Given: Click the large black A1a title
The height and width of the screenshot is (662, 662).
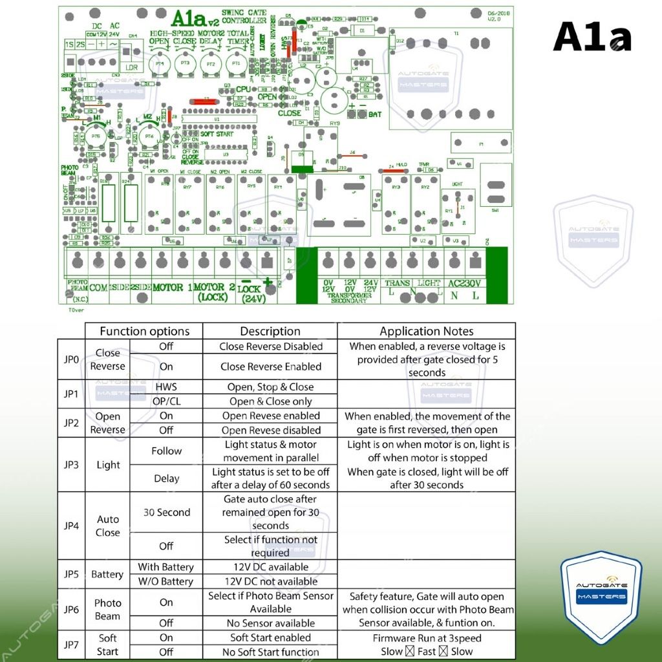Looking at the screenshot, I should pyautogui.click(x=592, y=37).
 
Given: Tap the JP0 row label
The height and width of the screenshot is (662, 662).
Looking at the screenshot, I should pyautogui.click(x=71, y=359).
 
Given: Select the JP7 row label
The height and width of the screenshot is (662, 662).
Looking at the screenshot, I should pyautogui.click(x=71, y=644).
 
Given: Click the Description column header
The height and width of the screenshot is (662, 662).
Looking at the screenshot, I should pyautogui.click(x=270, y=331).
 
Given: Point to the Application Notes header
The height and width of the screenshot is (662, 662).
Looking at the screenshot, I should pyautogui.click(x=427, y=331).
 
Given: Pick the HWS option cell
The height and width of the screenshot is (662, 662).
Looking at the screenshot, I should pyautogui.click(x=166, y=387).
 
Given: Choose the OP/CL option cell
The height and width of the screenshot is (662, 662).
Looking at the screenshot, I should pyautogui.click(x=166, y=401).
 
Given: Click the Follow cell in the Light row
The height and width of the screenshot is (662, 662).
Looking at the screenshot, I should pyautogui.click(x=166, y=451).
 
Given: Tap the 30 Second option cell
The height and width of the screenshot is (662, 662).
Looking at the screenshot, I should pyautogui.click(x=166, y=512).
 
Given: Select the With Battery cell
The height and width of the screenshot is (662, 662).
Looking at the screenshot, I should pyautogui.click(x=165, y=567).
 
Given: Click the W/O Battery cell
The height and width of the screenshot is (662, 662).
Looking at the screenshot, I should pyautogui.click(x=165, y=581).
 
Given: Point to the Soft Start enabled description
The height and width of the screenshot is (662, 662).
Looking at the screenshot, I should pyautogui.click(x=270, y=637).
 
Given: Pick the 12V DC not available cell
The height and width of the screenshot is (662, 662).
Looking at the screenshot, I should pyautogui.click(x=270, y=581).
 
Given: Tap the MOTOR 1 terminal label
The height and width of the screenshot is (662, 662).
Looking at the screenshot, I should pyautogui.click(x=172, y=287).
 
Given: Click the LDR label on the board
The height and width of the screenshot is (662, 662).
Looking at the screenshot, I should pyautogui.click(x=132, y=67).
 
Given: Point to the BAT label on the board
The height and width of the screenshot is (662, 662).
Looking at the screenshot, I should pyautogui.click(x=374, y=114).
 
